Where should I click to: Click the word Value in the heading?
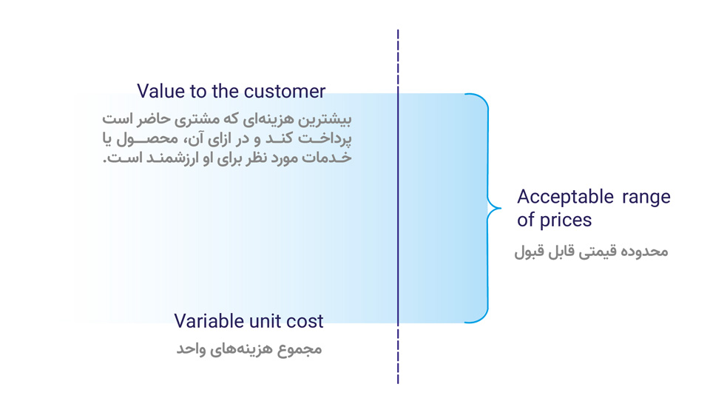(x=160, y=91)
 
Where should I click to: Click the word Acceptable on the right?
(x=566, y=197)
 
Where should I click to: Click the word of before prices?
(x=526, y=220)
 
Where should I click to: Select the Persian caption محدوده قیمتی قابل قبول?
(x=592, y=252)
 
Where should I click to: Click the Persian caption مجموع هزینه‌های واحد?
(x=249, y=348)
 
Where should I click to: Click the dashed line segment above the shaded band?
(x=398, y=61)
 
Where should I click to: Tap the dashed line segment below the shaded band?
(x=398, y=353)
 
